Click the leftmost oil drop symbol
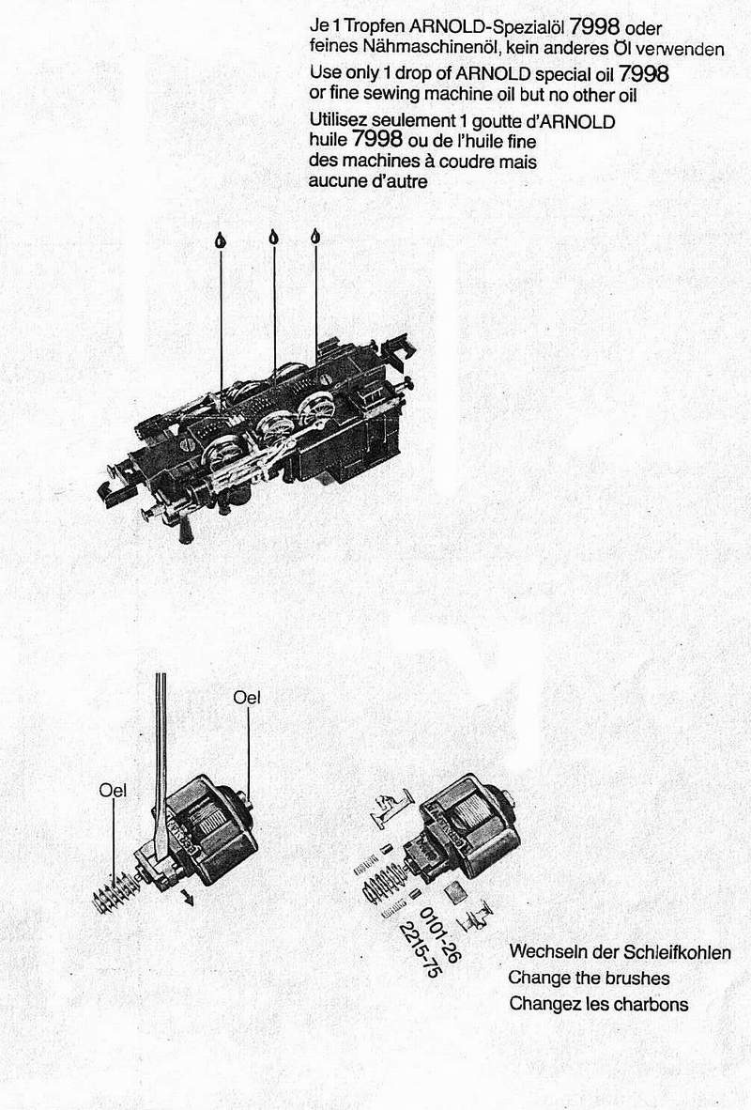click(x=221, y=240)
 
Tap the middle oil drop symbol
click(x=274, y=237)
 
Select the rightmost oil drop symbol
click(x=315, y=237)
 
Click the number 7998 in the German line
click(x=594, y=27)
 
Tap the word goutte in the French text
click(x=498, y=121)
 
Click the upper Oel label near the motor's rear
click(x=247, y=698)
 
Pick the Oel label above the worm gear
click(x=114, y=790)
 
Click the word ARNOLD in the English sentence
click(x=493, y=73)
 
